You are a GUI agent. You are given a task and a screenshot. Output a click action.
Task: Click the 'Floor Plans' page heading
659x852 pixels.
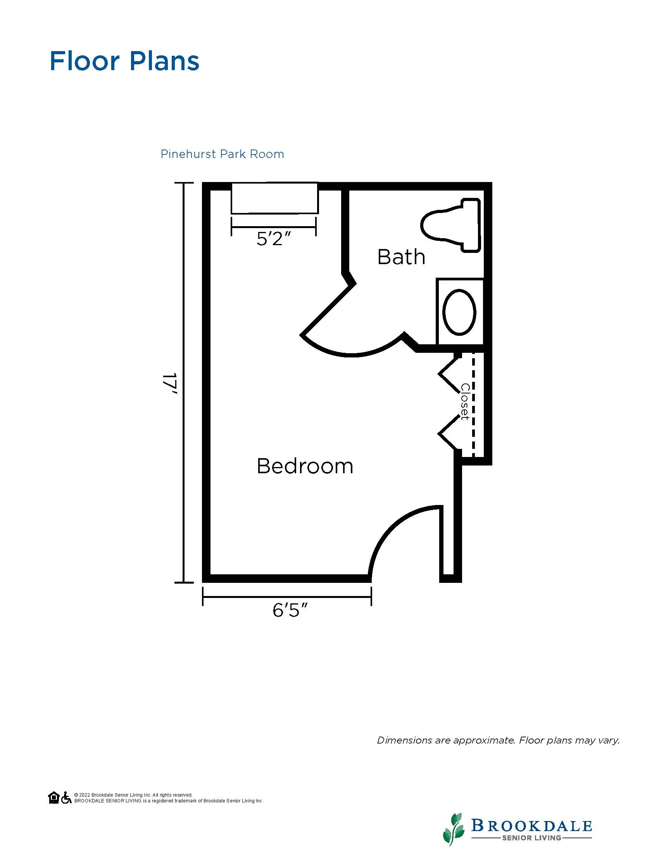click(124, 61)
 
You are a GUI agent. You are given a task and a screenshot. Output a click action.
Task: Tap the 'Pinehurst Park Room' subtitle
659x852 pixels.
click(222, 154)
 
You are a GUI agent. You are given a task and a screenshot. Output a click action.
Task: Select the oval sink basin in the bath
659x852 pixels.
click(459, 312)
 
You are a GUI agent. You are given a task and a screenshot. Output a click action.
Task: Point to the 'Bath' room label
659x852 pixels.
click(401, 257)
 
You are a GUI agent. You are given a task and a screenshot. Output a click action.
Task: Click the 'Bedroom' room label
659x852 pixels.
click(305, 466)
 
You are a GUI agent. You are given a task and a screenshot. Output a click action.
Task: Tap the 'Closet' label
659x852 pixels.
click(465, 402)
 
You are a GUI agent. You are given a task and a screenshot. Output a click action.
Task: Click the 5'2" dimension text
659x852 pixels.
click(274, 238)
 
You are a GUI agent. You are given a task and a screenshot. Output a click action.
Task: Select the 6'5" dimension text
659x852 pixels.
click(290, 610)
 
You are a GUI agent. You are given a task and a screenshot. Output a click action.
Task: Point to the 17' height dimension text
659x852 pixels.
click(171, 384)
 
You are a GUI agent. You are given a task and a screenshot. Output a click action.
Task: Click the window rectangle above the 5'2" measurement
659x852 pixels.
click(275, 198)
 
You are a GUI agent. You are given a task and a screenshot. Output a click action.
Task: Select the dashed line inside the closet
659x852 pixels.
click(474, 404)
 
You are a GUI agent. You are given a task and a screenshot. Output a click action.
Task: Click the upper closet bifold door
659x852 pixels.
click(449, 374)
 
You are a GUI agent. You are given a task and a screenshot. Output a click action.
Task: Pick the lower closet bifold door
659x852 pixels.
click(449, 433)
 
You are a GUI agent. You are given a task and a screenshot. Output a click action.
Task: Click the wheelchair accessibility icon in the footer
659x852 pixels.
click(66, 797)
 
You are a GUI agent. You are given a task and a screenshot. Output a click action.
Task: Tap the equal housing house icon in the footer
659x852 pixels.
click(54, 797)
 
